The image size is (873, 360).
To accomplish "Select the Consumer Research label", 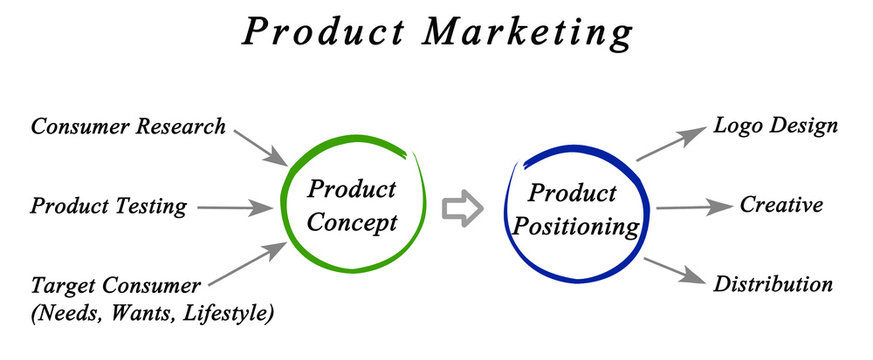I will (x=128, y=127).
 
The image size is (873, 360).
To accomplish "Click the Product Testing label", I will (x=108, y=207).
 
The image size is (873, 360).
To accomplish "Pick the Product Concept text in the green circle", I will (x=351, y=205).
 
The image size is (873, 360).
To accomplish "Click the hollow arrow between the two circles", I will (x=462, y=208).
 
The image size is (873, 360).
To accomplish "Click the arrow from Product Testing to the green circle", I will (x=234, y=208).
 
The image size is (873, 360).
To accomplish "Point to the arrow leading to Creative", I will (x=694, y=207).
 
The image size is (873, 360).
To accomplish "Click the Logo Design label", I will (x=775, y=126).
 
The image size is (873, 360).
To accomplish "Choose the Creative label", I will (x=781, y=205).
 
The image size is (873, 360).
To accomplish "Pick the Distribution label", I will (x=773, y=284).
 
